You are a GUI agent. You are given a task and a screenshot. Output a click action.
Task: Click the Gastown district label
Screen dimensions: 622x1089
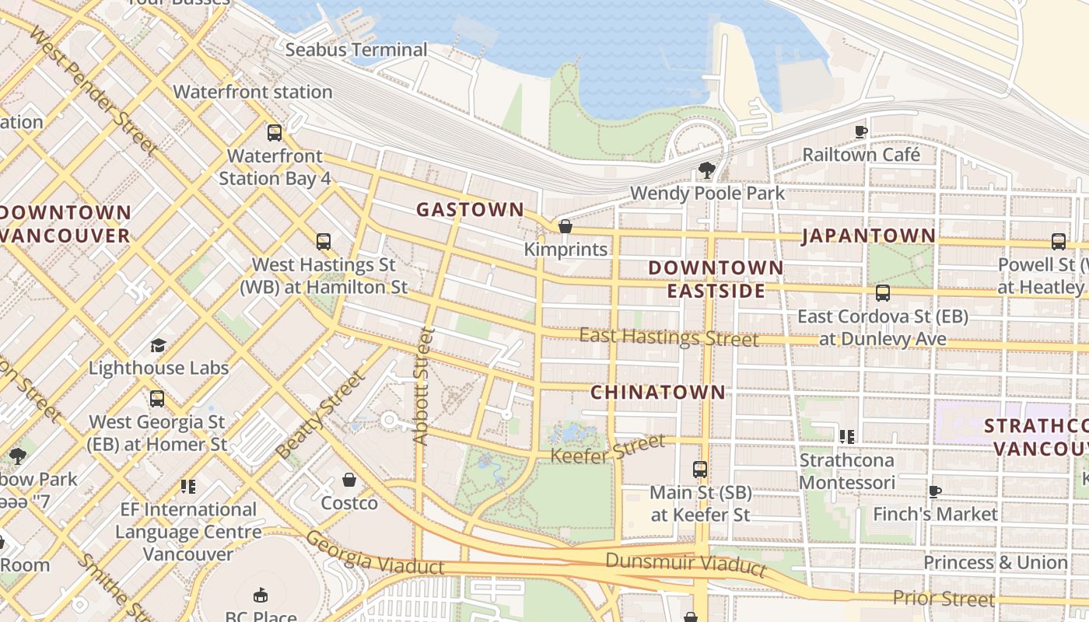(x=470, y=209)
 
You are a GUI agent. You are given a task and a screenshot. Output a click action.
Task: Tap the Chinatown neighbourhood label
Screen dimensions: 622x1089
(x=657, y=392)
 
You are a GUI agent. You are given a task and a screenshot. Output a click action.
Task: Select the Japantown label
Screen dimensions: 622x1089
(x=868, y=236)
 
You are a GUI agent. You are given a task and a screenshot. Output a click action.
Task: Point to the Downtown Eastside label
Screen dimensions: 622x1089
(x=716, y=279)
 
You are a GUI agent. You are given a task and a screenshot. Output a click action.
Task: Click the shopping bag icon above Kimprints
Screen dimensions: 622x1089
(x=566, y=226)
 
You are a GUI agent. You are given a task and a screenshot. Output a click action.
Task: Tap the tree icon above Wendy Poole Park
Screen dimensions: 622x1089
(x=706, y=169)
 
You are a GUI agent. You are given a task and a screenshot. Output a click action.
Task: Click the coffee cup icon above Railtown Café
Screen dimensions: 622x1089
(x=860, y=131)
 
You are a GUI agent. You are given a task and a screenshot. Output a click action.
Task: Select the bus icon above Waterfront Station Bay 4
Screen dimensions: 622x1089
(x=275, y=133)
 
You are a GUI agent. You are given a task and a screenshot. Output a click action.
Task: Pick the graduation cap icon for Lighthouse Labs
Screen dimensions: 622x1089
(x=158, y=345)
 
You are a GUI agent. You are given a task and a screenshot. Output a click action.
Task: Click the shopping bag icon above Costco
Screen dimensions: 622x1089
(x=349, y=480)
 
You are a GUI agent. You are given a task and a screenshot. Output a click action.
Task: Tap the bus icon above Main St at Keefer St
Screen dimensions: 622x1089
(x=700, y=470)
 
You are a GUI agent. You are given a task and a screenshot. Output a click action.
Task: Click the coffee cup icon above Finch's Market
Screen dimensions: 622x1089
(x=934, y=491)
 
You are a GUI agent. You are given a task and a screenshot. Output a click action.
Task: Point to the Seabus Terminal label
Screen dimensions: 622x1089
(x=356, y=50)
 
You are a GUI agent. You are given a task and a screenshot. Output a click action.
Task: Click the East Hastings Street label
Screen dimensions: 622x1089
(x=669, y=337)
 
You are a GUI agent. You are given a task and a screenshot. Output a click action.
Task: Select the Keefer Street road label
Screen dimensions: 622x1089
(x=608, y=449)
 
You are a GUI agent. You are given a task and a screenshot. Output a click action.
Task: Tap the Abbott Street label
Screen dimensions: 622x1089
(x=422, y=386)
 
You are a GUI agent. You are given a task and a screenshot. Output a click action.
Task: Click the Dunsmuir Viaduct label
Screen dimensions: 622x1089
(x=685, y=564)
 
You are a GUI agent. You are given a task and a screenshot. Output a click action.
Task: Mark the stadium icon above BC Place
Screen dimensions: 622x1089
(x=261, y=596)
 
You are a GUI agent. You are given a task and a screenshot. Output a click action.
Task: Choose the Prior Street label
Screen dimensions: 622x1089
(x=943, y=598)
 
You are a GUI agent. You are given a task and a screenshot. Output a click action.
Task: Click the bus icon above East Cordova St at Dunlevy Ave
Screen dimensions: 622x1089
(x=882, y=293)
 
